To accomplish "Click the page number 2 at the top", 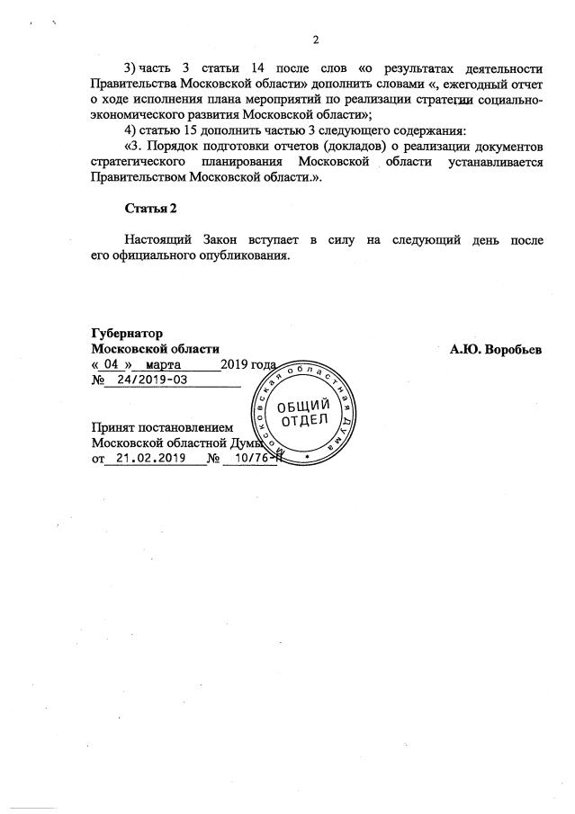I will [316, 40].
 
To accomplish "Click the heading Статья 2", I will [151, 209].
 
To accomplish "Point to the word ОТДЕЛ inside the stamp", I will [303, 420].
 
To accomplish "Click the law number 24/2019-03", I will [151, 380].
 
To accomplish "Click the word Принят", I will [115, 427].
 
